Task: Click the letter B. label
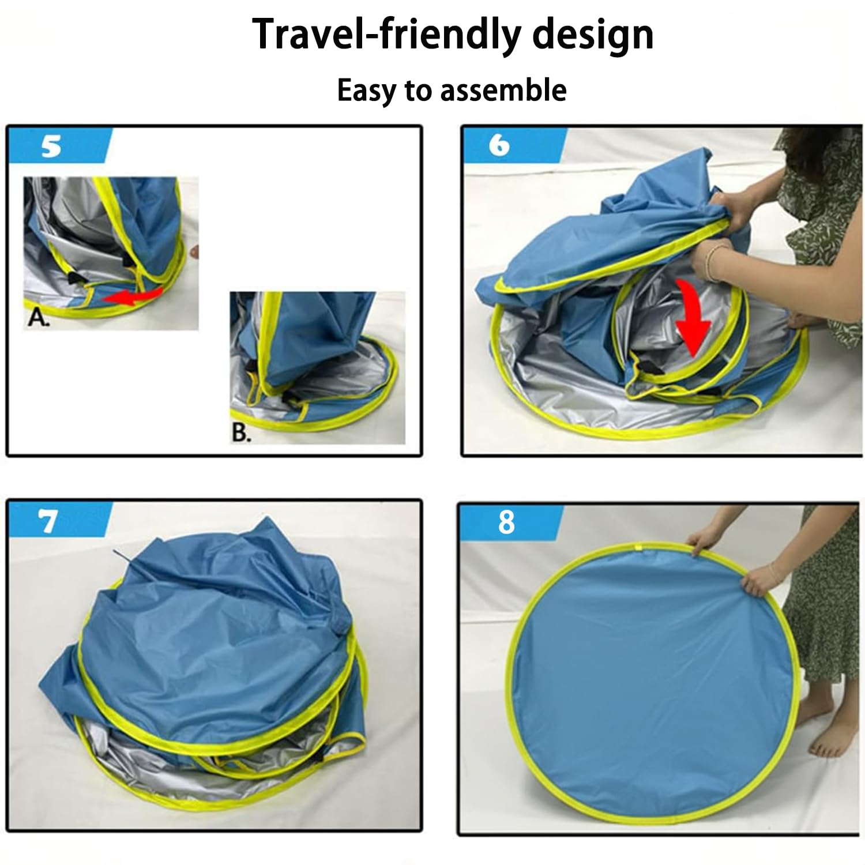click(x=242, y=432)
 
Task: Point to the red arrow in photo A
click(x=133, y=295)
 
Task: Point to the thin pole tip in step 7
click(x=116, y=551)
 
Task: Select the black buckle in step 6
click(x=648, y=366)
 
